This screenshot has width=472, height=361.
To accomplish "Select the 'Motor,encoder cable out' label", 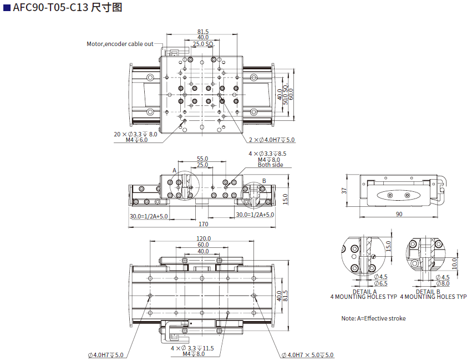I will click(x=120, y=44).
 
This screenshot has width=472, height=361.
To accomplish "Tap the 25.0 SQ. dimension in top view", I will click(x=203, y=43).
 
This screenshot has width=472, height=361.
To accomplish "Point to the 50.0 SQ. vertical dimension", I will click(x=285, y=95).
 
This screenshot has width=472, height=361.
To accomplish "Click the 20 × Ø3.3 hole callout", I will click(x=135, y=134).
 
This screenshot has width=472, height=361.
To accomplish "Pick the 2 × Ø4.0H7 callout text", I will click(x=271, y=140).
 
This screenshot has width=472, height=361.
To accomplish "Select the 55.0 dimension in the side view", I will click(x=202, y=159).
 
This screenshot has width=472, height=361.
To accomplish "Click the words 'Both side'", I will click(x=270, y=165).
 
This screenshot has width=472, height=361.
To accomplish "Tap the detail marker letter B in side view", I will click(x=264, y=181).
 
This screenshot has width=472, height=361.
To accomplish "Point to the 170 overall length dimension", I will click(x=203, y=224).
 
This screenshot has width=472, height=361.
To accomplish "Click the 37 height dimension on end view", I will click(x=344, y=191).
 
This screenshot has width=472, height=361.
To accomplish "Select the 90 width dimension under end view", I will click(x=399, y=213).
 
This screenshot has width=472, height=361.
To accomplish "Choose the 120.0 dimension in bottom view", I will click(x=204, y=238).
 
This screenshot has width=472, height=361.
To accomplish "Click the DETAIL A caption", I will click(x=364, y=291).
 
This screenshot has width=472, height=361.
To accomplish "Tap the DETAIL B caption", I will click(x=428, y=291).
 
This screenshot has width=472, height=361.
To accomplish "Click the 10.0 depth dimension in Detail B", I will click(x=454, y=263).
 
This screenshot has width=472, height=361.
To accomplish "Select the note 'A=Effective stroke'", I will click(x=373, y=318).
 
